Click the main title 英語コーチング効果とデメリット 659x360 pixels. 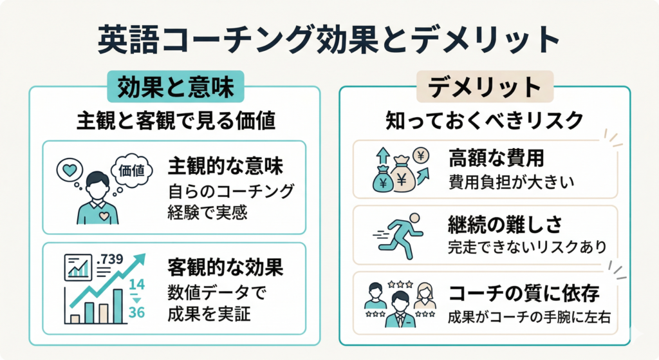[329, 40]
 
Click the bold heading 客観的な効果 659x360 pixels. [225, 266]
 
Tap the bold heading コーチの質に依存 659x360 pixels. [524, 294]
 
